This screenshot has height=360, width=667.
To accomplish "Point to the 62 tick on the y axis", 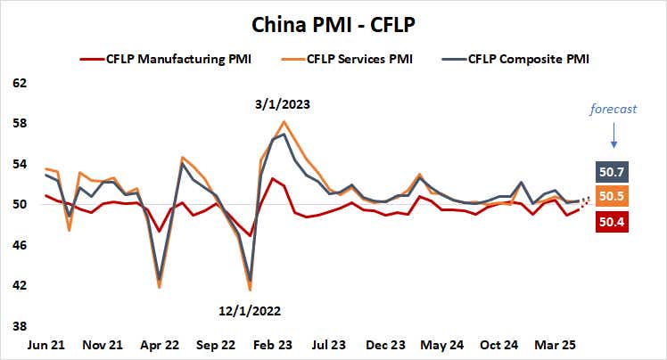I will click(x=20, y=84).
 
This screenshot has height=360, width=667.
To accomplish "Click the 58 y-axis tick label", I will click(x=20, y=124).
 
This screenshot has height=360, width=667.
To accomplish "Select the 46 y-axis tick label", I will click(x=20, y=245).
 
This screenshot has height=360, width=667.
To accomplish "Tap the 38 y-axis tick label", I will click(x=20, y=326).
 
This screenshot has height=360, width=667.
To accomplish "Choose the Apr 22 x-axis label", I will click(x=159, y=344).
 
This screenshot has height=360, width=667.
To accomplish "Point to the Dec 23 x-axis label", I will click(x=386, y=344).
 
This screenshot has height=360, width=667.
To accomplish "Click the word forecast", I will click(x=613, y=110).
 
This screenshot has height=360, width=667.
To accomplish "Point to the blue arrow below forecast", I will click(x=613, y=136).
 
